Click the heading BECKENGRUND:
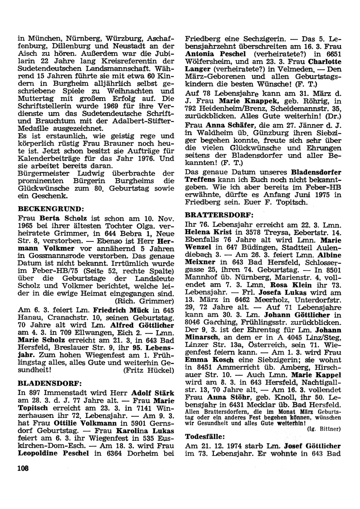click(x=51, y=209)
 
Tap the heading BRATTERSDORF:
click(x=219, y=215)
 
